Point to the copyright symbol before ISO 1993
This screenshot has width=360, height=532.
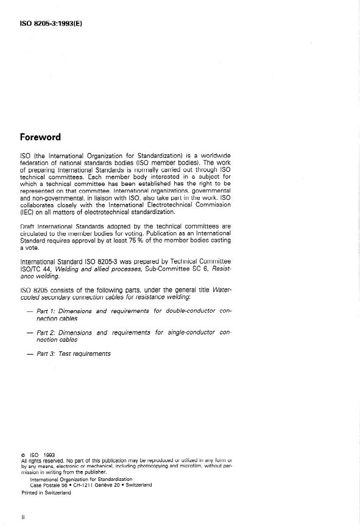pyautogui.click(x=23, y=454)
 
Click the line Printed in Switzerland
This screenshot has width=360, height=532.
pyautogui.click(x=46, y=492)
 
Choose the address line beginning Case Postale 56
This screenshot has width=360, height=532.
pyautogui.click(x=92, y=485)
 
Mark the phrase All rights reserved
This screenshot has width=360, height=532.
pyautogui.click(x=41, y=460)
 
